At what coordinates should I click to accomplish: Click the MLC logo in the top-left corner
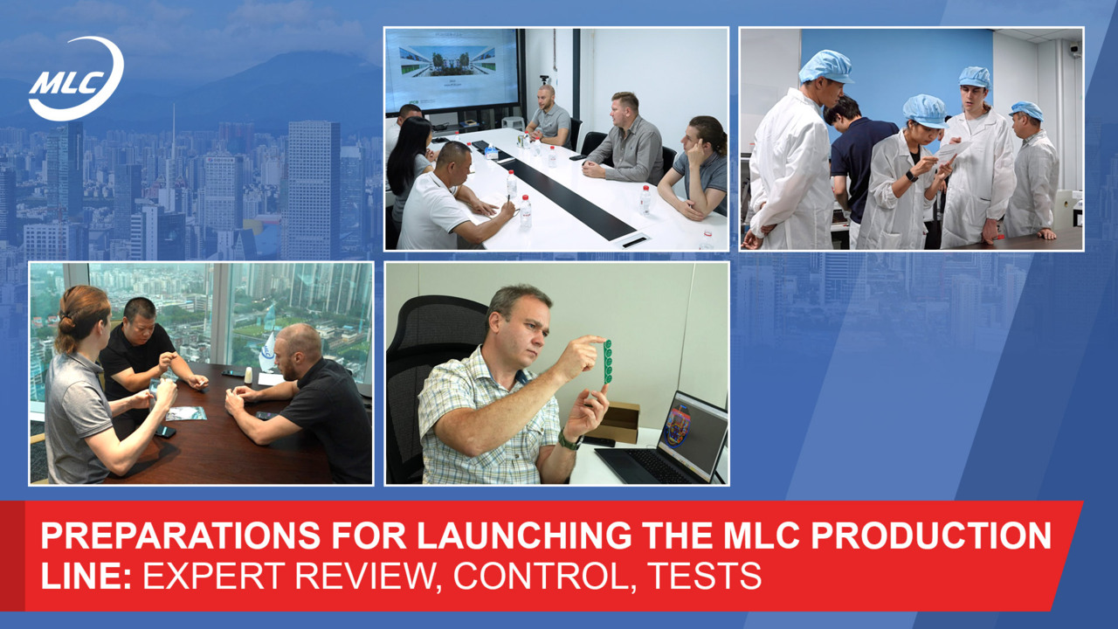click(x=75, y=79)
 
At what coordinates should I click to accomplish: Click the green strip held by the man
click(x=607, y=362)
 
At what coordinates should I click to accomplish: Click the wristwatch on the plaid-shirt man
click(x=569, y=441)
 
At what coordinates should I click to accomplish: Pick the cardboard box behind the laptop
click(x=619, y=422)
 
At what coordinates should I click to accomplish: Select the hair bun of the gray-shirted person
click(x=66, y=324)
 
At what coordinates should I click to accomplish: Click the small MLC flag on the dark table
click(x=267, y=352)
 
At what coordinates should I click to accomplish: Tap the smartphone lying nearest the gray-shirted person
click(x=165, y=432)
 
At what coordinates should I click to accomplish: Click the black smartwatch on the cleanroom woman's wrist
click(x=911, y=176)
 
